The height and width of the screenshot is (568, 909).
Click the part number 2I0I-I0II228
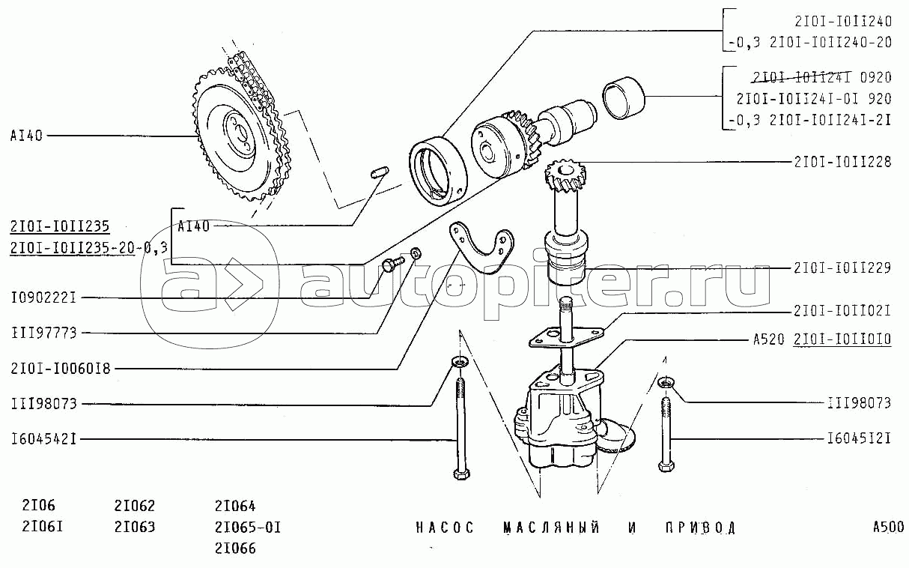point(842,163)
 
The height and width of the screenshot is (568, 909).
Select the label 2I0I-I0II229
point(842,268)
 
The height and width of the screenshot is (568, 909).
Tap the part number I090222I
point(44,298)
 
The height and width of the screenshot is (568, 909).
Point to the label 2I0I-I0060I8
point(61,369)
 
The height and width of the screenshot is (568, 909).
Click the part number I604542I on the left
point(44,439)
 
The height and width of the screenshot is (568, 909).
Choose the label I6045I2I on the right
point(859,438)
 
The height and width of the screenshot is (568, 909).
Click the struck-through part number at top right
point(801,77)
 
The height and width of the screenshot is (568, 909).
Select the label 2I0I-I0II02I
point(842,311)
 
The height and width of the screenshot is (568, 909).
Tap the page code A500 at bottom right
point(888,527)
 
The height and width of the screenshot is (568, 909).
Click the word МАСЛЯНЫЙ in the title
point(552,528)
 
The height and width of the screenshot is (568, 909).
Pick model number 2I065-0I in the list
point(248,528)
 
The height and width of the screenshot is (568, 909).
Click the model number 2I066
point(235,549)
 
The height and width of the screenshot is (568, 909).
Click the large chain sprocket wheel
point(240,136)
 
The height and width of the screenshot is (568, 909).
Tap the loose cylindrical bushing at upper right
point(623,98)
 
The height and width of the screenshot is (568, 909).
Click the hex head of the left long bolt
point(461,474)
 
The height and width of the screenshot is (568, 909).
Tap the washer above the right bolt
point(666,382)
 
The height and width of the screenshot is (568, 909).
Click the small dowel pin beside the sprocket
point(380,172)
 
